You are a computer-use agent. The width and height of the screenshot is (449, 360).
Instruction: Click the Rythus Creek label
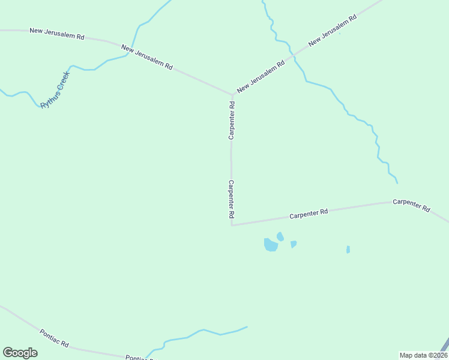55,90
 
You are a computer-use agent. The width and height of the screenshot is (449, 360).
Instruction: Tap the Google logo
20,353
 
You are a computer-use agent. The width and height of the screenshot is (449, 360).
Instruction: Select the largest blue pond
271,245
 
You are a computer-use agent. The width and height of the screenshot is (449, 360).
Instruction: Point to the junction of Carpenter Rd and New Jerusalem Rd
232,95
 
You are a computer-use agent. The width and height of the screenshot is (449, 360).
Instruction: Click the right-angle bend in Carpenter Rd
232,226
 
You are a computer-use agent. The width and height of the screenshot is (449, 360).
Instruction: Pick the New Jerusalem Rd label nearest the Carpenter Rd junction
260,76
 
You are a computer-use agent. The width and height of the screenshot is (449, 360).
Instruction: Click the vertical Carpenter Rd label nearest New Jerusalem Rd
232,121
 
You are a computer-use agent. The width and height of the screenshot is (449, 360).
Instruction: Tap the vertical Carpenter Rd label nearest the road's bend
231,199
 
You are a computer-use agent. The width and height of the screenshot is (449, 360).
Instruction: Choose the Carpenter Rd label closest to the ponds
309,213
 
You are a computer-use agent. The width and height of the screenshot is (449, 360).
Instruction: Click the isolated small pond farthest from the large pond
348,250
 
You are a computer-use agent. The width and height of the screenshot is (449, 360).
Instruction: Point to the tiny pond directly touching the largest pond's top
280,236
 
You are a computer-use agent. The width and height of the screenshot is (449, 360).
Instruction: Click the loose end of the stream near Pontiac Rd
247,327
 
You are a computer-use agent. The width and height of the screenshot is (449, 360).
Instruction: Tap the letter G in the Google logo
8,353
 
